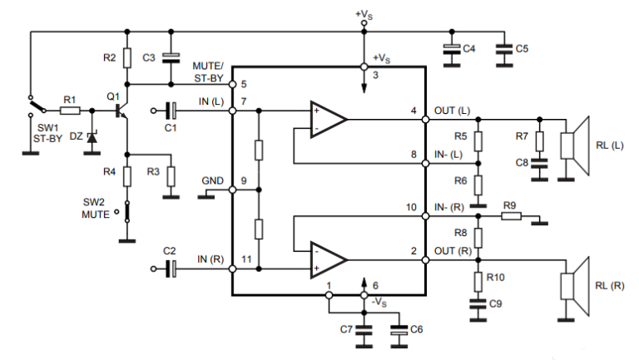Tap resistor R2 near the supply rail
(x=126, y=57)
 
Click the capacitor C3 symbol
(x=171, y=57)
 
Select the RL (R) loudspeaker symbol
(x=574, y=285)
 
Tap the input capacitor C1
(x=171, y=110)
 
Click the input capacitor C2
(x=171, y=268)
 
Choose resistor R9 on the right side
(x=511, y=217)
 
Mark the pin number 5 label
(x=243, y=84)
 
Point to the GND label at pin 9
(x=212, y=180)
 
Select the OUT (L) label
(x=452, y=111)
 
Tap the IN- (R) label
(x=450, y=207)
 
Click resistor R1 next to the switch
(x=70, y=110)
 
